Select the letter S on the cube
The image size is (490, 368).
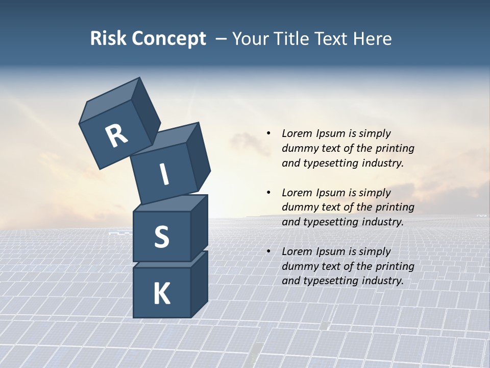click(x=161, y=237)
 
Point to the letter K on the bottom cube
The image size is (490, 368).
click(x=161, y=294)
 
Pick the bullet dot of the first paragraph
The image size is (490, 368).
click(x=268, y=133)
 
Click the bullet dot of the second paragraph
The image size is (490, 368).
click(x=268, y=193)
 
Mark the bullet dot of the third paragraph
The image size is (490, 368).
click(x=268, y=251)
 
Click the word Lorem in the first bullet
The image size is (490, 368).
click(x=296, y=133)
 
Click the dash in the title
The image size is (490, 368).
click(x=221, y=39)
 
